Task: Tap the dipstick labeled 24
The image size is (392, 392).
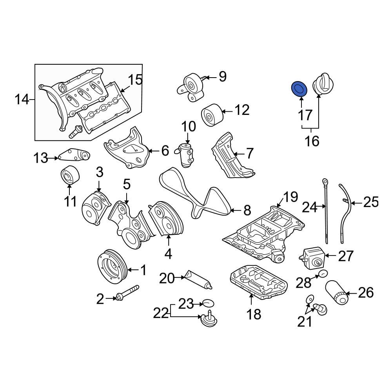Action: (327, 212)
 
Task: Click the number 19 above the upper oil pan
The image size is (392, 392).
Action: (291, 197)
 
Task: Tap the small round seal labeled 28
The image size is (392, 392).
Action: (323, 273)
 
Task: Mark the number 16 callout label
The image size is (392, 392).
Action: (312, 141)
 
